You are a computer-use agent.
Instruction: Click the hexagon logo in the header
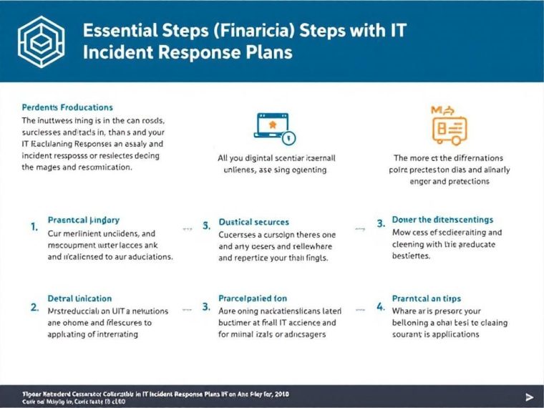pos(39,42)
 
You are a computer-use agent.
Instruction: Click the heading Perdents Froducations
pos(67,107)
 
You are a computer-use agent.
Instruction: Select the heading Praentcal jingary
pos(83,220)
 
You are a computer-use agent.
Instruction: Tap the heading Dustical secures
pos(253,222)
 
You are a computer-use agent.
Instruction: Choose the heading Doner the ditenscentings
pos(442,220)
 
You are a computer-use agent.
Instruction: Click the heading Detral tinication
pos(79,298)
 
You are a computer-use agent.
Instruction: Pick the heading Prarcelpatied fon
pos(253,298)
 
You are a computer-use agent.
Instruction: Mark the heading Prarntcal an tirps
pos(427,298)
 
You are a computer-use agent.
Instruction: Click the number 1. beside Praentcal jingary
pos(34,226)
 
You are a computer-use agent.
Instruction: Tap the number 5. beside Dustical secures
pos(206,226)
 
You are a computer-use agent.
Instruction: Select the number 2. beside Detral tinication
pos(34,306)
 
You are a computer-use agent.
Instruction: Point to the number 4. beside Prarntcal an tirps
pos(381,307)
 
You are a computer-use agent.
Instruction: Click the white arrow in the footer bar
pos(529,397)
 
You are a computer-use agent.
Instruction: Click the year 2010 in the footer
pos(281,394)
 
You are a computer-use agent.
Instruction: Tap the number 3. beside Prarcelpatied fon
pos(206,307)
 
